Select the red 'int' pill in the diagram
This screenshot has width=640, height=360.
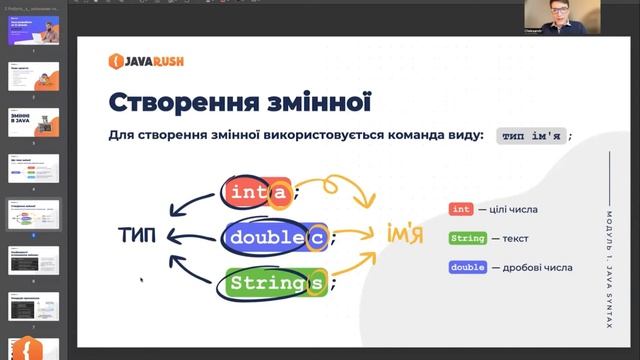click(245, 192)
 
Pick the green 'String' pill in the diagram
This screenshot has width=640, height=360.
click(263, 283)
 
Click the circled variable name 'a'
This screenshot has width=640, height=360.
click(280, 192)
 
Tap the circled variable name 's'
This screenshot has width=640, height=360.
click(315, 283)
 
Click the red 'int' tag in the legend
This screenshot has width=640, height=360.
click(460, 209)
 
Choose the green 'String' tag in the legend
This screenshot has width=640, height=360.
click(468, 238)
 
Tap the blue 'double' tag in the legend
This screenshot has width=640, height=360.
click(468, 267)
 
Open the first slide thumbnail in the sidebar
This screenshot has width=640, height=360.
click(34, 29)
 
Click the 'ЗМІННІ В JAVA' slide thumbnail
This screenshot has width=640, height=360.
click(34, 123)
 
